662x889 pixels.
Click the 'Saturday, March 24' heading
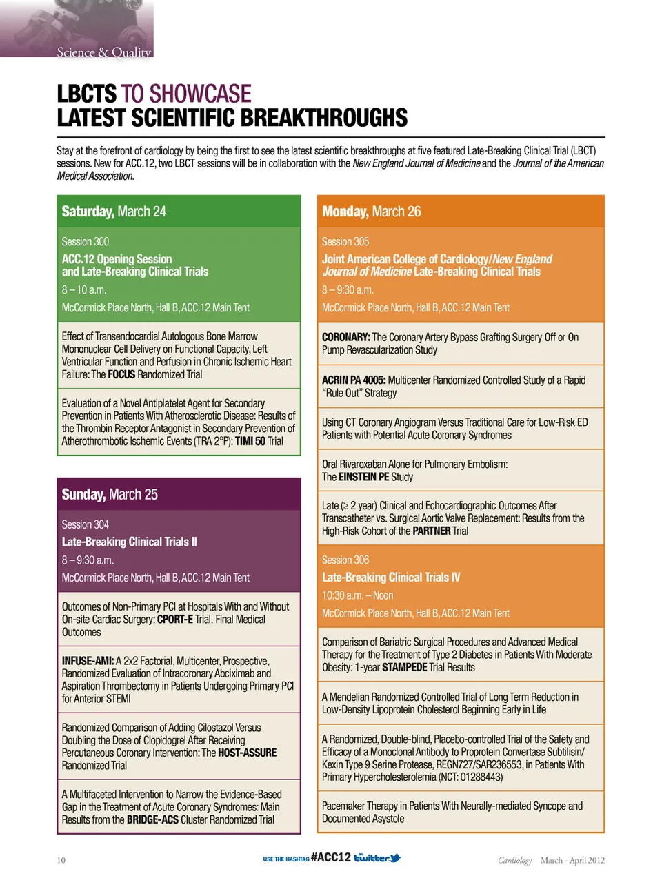114,212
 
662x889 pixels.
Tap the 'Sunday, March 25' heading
110,494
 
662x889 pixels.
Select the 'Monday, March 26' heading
371,212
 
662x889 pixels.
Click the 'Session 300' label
86,241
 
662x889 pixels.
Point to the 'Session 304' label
86,524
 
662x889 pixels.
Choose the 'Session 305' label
345,241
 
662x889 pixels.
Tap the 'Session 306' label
345,560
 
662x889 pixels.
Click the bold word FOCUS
121,374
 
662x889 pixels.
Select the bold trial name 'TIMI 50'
250,441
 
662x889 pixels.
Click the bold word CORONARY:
346,337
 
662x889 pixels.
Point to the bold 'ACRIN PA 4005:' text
354,380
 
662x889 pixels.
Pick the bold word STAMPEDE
404,667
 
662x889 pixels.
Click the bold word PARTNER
431,531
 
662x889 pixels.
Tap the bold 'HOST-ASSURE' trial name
248,753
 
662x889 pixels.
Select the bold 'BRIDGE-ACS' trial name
152,819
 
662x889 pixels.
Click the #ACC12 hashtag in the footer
331,857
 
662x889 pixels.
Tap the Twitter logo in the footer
377,858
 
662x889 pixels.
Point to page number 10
61,860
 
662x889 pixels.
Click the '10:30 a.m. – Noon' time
357,595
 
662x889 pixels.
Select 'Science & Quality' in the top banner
103,52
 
